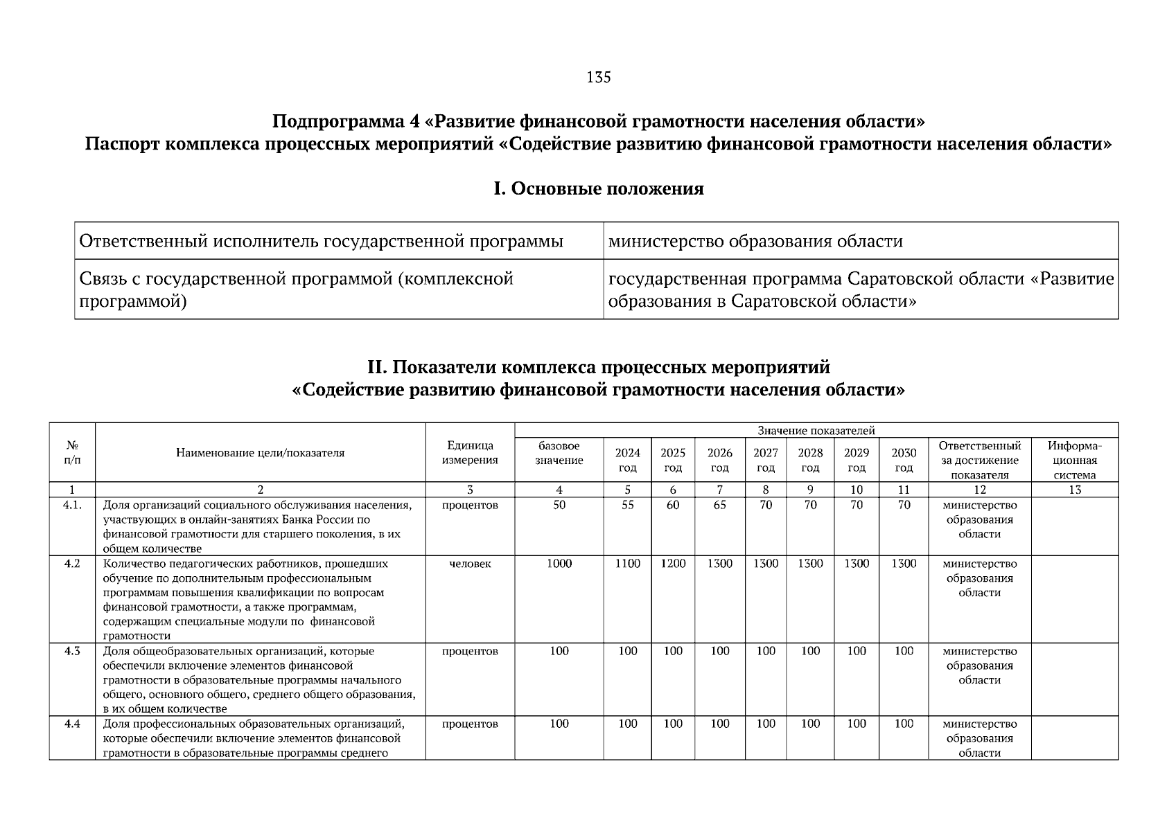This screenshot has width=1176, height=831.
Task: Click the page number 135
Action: [599, 77]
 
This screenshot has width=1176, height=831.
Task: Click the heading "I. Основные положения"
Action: [598, 189]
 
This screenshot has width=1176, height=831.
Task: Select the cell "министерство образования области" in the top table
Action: [755, 241]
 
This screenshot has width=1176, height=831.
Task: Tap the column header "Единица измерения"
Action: [470, 453]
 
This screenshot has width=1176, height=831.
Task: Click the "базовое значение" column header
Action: [559, 453]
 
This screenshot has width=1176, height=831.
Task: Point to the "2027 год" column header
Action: [765, 460]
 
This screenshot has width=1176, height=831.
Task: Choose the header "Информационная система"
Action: [1074, 460]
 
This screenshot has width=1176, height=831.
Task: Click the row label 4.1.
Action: [72, 505]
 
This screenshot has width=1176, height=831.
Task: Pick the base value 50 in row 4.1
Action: [559, 505]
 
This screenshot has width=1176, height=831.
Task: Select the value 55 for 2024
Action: [627, 505]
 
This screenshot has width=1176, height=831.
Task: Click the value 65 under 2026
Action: [719, 505]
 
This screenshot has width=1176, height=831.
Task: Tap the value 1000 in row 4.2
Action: [559, 564]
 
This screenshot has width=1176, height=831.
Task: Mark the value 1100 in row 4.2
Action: [627, 564]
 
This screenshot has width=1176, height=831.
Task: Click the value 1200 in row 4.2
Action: [672, 564]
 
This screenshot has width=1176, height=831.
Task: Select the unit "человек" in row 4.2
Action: [470, 564]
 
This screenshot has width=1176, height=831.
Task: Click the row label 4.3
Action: [72, 651]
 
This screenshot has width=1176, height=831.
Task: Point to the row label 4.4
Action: [72, 724]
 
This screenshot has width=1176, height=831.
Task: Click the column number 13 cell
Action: [1074, 490]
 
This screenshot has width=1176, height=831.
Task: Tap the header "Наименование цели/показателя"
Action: [260, 453]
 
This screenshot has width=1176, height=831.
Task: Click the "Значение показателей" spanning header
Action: [816, 430]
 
